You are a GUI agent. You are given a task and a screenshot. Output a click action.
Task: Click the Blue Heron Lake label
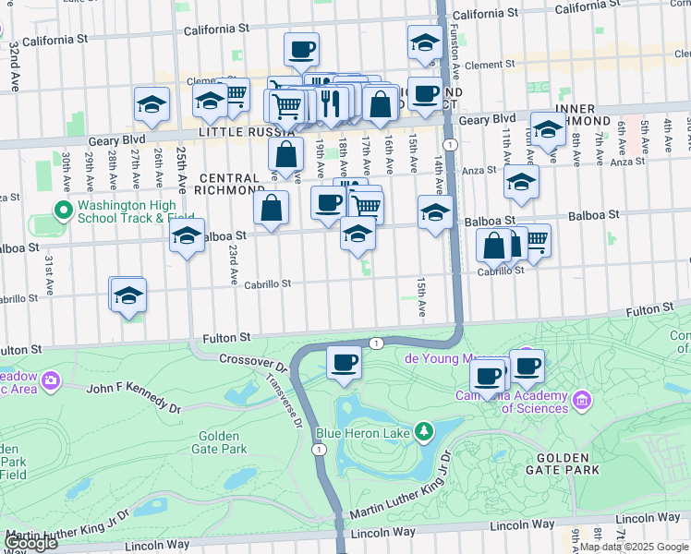363,431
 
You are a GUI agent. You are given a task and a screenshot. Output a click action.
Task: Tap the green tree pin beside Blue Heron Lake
424,430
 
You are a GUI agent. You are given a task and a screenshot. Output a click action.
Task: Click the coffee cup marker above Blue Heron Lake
344,362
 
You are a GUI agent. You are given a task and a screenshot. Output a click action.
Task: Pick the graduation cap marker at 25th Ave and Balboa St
187,235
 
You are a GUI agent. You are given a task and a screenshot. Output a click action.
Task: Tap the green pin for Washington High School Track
64,211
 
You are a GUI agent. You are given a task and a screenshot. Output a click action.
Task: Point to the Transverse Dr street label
284,400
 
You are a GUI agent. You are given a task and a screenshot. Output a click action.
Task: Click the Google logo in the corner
30,542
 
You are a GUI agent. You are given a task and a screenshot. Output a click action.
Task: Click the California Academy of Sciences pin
582,400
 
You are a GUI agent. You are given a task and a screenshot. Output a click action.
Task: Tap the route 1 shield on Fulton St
376,343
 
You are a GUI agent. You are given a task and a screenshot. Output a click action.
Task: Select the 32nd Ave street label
14,54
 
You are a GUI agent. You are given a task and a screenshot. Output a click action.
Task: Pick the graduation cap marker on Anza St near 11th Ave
521,182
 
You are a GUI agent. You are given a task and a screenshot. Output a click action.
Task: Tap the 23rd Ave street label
234,264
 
